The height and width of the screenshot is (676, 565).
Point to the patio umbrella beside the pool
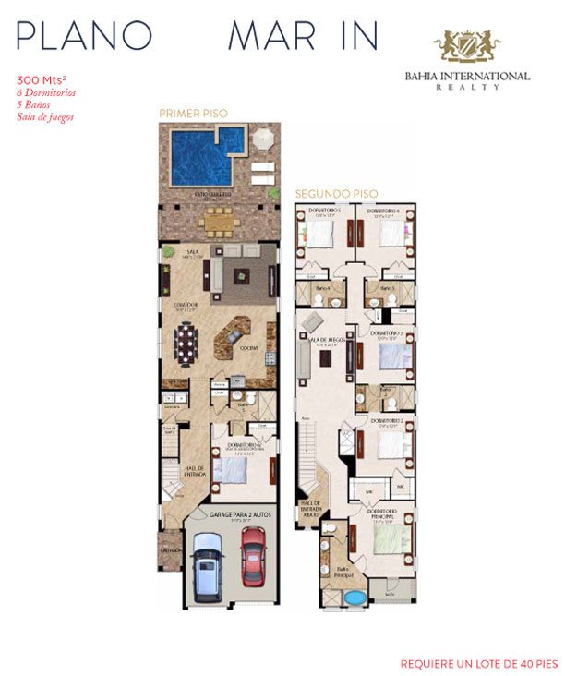click(263, 139)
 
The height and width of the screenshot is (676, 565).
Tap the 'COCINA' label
click(248, 348)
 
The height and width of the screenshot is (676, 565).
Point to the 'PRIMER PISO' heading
click(193, 113)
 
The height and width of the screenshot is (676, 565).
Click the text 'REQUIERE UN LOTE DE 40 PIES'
click(478, 663)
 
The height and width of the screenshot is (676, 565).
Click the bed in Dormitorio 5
click(320, 232)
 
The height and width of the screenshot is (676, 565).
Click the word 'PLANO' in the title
click(84, 34)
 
